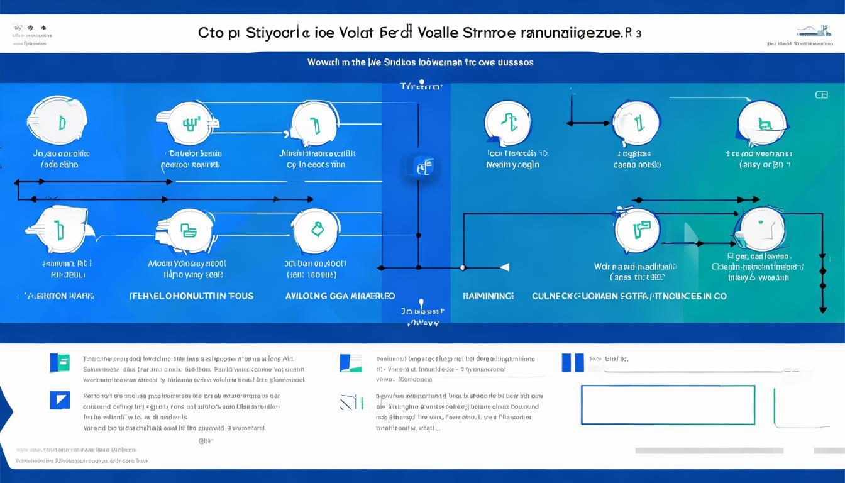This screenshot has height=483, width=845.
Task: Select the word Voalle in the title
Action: (429, 33)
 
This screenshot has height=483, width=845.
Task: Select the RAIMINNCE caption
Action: (489, 296)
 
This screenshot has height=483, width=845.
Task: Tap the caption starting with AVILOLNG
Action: (340, 296)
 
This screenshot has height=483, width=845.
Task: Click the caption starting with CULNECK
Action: (629, 296)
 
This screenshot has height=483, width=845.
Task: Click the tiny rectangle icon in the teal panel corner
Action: (821, 95)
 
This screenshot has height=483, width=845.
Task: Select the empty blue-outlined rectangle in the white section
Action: (668, 405)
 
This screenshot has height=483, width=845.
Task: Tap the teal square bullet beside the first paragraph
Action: (60, 363)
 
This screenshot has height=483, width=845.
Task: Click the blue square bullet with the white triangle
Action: (60, 399)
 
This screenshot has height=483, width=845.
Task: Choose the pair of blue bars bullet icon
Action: (572, 362)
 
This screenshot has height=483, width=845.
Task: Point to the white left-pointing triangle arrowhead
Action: (504, 267)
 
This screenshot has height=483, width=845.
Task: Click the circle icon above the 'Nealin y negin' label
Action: (509, 123)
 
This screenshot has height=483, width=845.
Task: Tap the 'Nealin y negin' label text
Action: (513, 165)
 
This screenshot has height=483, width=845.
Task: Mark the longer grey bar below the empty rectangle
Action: (709, 450)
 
